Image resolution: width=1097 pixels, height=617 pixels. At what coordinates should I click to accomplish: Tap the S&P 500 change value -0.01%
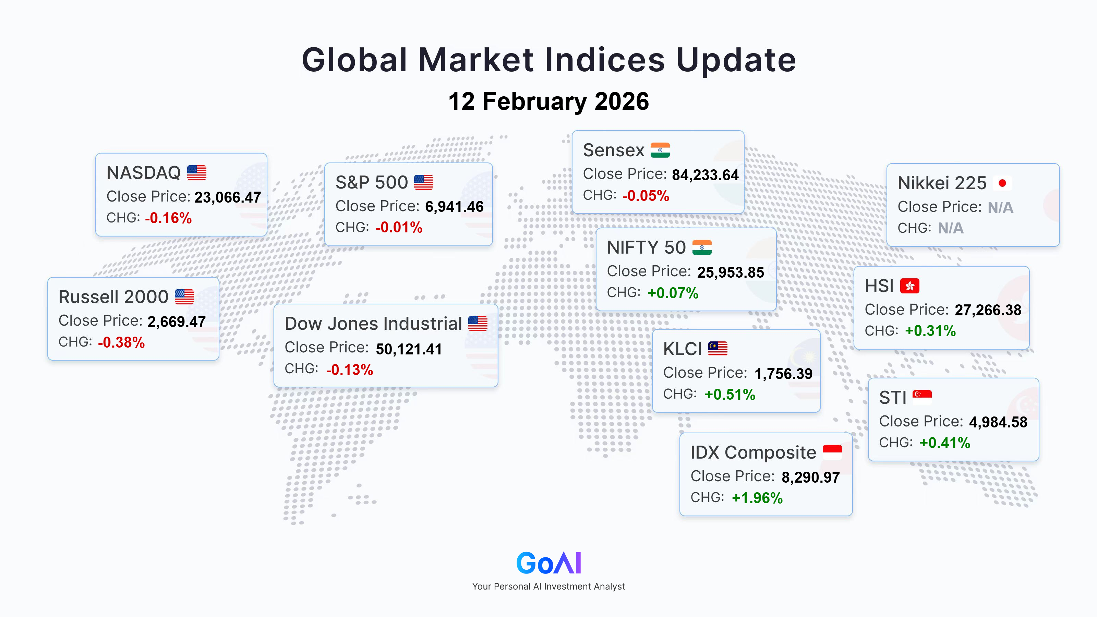[399, 227]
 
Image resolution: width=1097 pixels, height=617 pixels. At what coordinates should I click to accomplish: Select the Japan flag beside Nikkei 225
[1002, 183]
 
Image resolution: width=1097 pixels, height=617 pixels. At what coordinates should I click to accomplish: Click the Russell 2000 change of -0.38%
[121, 342]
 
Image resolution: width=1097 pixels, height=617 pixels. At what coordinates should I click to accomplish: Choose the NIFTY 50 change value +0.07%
[673, 293]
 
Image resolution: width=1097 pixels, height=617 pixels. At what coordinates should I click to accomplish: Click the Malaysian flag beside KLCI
[718, 348]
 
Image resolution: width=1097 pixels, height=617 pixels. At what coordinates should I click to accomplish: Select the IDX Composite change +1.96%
[757, 498]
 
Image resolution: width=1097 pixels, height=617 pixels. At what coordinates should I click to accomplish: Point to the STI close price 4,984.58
[998, 422]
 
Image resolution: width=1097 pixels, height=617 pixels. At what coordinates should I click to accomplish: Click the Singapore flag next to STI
[922, 397]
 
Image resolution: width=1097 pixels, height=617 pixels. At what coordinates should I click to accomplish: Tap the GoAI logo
[548, 563]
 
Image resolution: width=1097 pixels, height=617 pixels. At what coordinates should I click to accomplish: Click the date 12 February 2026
[548, 101]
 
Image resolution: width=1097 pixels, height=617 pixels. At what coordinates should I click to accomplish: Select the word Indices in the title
[605, 60]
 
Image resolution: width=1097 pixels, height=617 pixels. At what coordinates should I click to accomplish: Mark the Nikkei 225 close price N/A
[1000, 207]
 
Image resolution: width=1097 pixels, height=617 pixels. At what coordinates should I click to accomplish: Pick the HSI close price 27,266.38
[988, 310]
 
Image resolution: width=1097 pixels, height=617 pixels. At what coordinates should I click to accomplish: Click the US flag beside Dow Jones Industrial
[478, 324]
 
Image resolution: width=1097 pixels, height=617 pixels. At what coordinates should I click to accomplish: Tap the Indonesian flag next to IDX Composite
[832, 452]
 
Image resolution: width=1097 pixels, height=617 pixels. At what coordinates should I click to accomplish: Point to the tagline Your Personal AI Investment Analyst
[548, 586]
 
